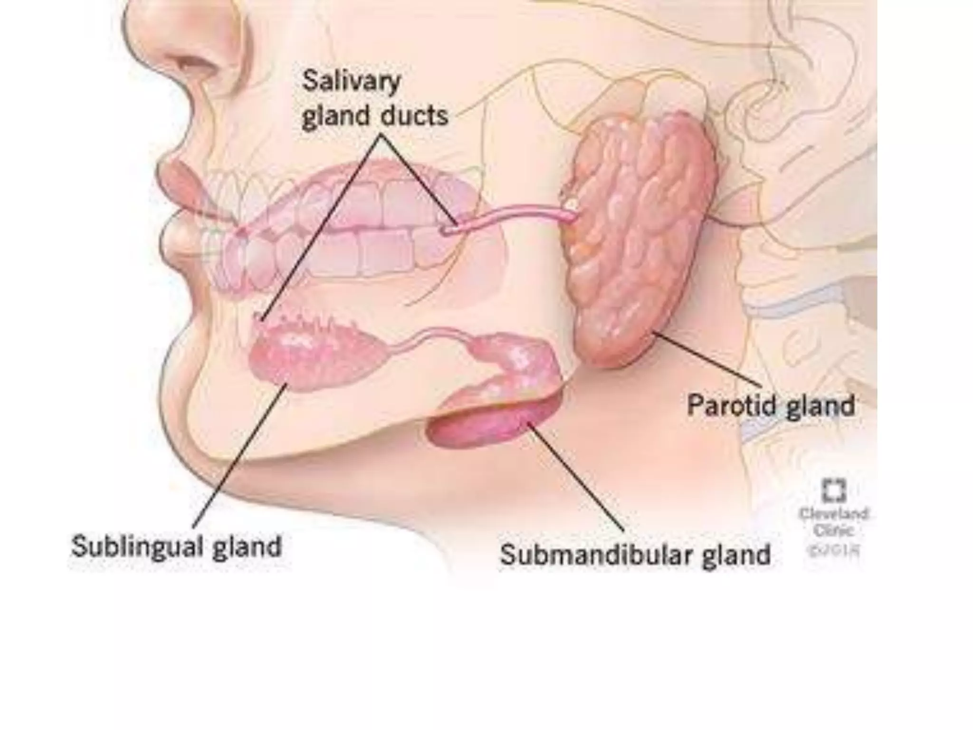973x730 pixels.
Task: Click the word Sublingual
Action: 135,547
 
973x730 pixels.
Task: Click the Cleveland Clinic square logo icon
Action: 834,490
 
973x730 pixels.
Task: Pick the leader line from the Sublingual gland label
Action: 238,456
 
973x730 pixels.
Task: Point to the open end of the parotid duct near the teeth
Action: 447,231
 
